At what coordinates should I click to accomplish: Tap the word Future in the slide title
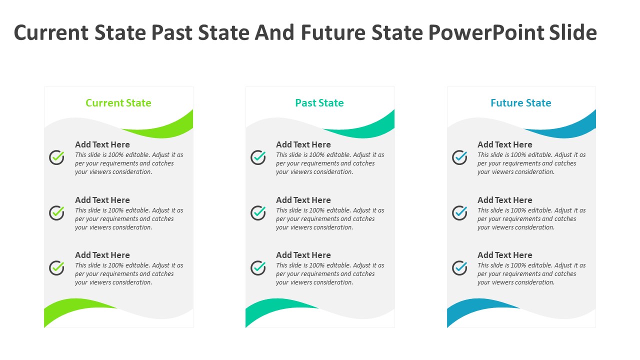(x=333, y=32)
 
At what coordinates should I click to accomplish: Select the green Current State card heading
(x=118, y=103)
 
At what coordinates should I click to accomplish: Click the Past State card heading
(x=319, y=103)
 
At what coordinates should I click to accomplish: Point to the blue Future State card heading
(x=521, y=103)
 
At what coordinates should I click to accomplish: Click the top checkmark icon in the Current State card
(x=56, y=157)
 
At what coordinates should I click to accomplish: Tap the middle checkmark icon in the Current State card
(x=56, y=213)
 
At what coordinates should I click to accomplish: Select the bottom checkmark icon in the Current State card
(x=56, y=268)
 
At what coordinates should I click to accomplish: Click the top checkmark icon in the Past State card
(x=258, y=157)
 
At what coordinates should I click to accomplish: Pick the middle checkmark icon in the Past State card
(x=258, y=213)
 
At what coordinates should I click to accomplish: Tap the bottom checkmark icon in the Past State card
(x=258, y=268)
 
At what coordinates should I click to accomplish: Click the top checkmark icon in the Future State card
(x=459, y=157)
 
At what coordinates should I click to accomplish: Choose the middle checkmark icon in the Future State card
(x=459, y=213)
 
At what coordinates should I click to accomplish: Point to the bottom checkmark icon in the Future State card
(x=459, y=268)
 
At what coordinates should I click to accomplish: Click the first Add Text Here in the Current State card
(x=102, y=144)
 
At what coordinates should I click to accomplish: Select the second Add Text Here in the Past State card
(x=303, y=200)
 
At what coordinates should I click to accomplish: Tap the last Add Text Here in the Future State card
(x=505, y=255)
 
